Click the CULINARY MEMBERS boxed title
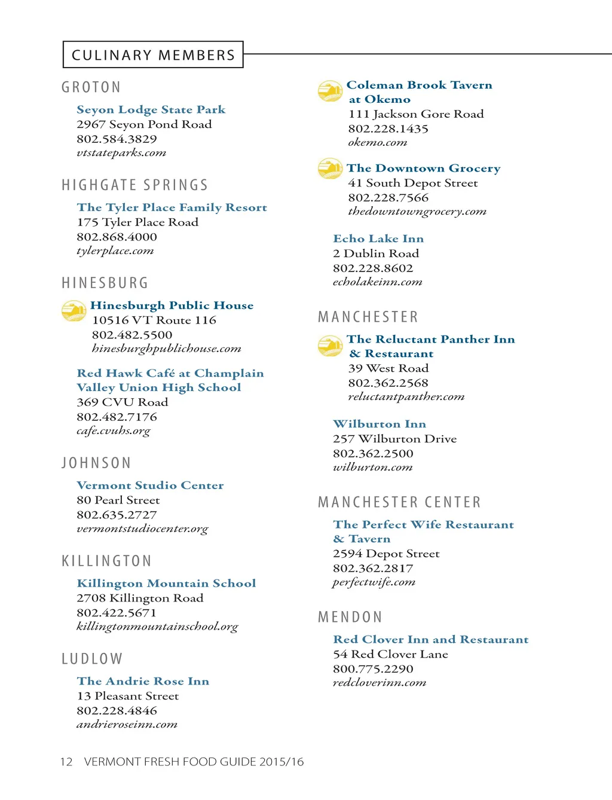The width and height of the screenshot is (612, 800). tap(153, 55)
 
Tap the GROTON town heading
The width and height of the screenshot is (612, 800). tap(91, 87)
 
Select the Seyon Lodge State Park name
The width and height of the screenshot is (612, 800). tap(151, 109)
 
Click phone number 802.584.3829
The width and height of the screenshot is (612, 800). tap(117, 139)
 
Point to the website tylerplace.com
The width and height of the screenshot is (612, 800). tap(115, 251)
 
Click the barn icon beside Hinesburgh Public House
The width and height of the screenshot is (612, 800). tap(74, 311)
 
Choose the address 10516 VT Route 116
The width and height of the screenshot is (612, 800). tap(154, 320)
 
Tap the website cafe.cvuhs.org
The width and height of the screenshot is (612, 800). tap(114, 430)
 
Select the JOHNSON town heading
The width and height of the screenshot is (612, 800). tap(96, 463)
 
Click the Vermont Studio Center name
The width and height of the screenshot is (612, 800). tap(150, 486)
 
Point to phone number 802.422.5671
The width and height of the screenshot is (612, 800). tap(117, 612)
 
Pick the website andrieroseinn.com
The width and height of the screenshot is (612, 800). tap(127, 724)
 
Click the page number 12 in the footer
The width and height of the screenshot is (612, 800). tap(66, 762)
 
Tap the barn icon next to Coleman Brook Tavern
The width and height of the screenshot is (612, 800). tap(330, 91)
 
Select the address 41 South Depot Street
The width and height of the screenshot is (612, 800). tap(413, 183)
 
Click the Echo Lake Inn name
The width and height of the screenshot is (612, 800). tap(378, 239)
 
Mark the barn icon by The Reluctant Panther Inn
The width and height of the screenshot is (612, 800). tap(330, 346)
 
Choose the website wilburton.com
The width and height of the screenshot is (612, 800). tap(372, 467)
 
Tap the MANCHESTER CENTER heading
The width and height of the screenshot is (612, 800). tap(399, 502)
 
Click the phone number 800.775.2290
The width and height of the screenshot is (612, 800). tap(373, 668)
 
